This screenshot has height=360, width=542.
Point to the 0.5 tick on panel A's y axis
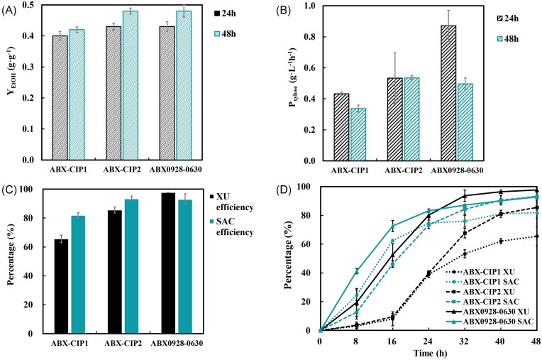26,5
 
